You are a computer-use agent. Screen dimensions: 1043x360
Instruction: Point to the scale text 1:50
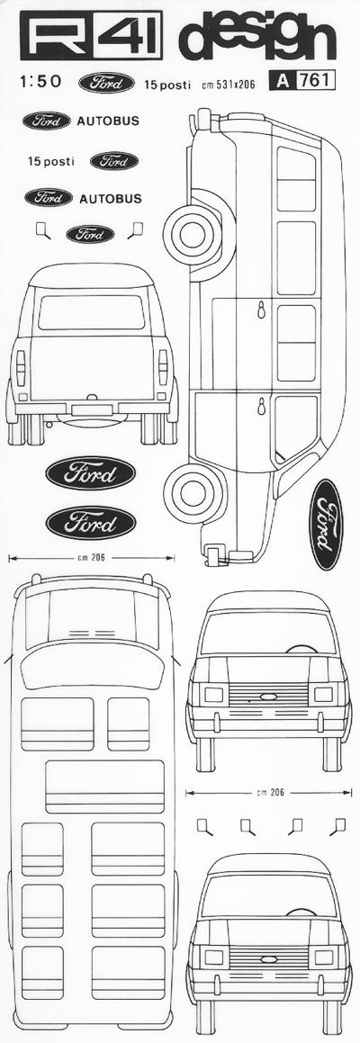40,82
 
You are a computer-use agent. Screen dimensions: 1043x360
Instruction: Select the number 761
318,81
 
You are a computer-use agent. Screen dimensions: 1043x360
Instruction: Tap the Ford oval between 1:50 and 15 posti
106,83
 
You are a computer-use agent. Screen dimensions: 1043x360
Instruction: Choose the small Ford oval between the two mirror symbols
90,233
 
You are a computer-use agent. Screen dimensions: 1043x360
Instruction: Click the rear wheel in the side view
191,234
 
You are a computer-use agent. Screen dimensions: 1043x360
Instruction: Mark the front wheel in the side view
191,490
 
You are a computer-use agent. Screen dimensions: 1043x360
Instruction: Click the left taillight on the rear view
21,367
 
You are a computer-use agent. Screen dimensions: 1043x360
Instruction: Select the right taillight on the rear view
163,367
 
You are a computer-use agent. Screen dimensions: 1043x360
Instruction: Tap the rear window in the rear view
92,312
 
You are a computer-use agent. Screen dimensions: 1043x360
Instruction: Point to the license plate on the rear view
92,409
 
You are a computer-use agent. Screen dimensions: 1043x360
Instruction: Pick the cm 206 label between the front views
267,792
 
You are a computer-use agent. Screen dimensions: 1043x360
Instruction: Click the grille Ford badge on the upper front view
267,697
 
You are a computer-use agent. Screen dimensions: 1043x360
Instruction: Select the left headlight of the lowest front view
213,957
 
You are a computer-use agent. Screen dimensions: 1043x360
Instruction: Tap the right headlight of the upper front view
323,694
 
